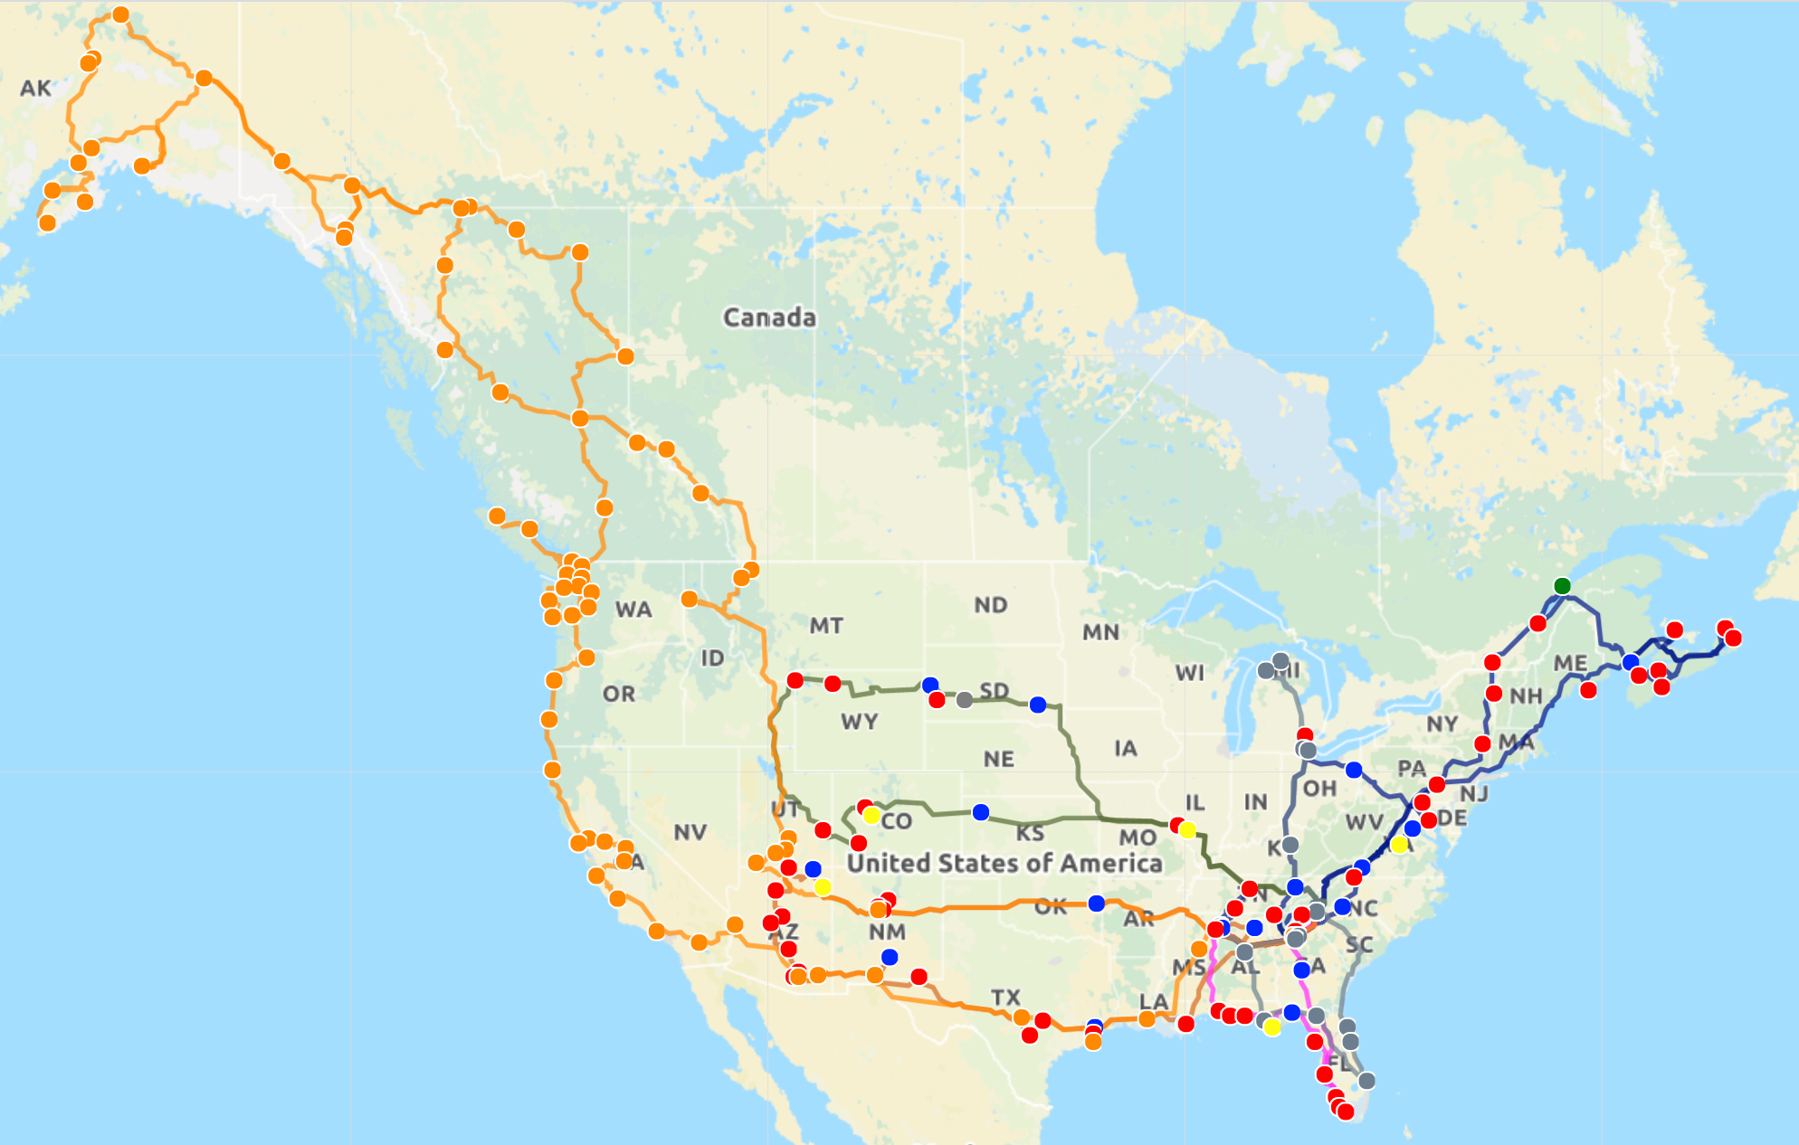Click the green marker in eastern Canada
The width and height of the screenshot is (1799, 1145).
click(1562, 586)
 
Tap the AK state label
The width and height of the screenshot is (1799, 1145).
click(36, 89)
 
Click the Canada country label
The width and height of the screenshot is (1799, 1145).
click(769, 317)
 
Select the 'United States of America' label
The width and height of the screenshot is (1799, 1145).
click(1004, 863)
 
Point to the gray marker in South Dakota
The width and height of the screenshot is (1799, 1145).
click(965, 700)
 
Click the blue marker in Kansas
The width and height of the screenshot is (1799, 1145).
click(981, 812)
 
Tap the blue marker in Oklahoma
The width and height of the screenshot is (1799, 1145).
click(1097, 904)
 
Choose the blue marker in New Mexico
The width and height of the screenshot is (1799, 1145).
click(890, 957)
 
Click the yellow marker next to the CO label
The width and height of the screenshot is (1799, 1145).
click(871, 816)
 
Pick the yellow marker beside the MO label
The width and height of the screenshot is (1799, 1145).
click(1188, 830)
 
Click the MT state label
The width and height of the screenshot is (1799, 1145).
click(826, 626)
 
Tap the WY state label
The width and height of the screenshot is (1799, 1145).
click(859, 722)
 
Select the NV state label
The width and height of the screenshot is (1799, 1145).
click(690, 832)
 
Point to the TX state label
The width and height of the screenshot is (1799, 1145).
click(1005, 998)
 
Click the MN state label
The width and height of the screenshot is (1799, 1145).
click(1100, 632)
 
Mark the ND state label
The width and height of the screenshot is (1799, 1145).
click(991, 605)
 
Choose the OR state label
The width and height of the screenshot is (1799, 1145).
click(619, 695)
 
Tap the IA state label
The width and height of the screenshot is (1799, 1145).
click(1126, 748)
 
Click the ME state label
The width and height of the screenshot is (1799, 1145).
click(1570, 664)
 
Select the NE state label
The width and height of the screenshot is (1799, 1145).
click(999, 759)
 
